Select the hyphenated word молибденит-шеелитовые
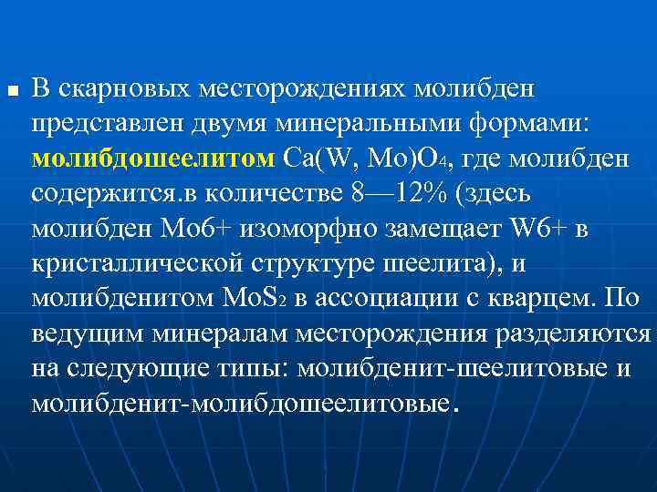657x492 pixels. [x=428, y=368]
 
